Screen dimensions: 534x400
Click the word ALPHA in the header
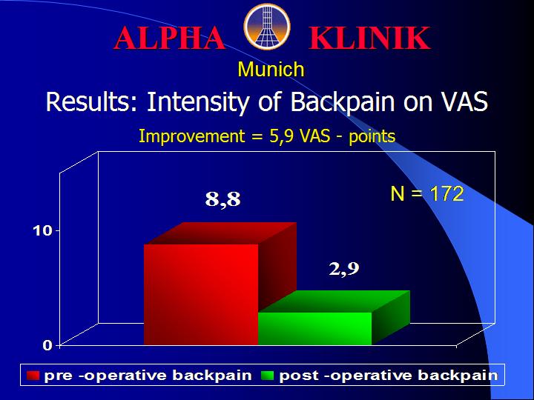(x=169, y=38)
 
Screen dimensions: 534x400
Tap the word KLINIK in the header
(x=369, y=38)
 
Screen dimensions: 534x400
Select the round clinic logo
(x=267, y=27)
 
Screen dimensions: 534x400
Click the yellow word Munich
(x=271, y=70)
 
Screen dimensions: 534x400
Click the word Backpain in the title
(x=342, y=101)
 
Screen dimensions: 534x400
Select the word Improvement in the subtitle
(x=192, y=137)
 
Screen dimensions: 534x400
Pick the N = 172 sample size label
(x=426, y=194)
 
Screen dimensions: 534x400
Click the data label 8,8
(x=222, y=199)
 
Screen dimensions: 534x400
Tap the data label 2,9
(x=344, y=270)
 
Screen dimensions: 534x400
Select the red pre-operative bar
(x=201, y=294)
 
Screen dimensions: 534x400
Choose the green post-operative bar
(x=315, y=328)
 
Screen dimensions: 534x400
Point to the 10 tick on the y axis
(x=42, y=231)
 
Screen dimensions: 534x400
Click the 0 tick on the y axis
(x=47, y=346)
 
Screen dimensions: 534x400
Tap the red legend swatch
(x=33, y=376)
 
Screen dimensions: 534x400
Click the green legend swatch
(x=267, y=376)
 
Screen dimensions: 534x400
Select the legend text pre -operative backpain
(x=148, y=376)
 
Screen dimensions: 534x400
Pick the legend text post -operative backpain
(x=389, y=376)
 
